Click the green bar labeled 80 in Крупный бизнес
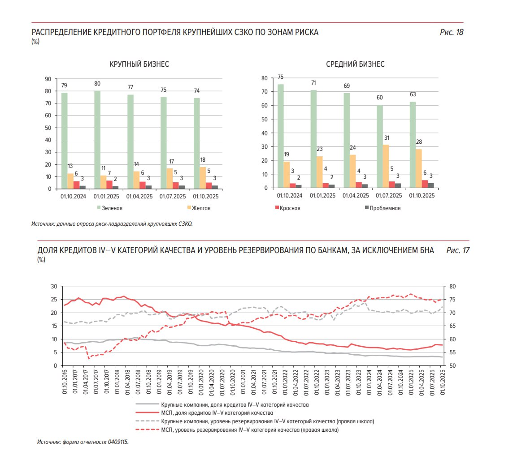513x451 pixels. coord(97,140)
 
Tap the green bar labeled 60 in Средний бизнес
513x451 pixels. coord(379,147)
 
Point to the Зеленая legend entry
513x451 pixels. coord(110,208)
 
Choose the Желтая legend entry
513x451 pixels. coord(199,208)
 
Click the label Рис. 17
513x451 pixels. coord(457,250)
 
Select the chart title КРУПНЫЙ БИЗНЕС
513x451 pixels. coord(139,64)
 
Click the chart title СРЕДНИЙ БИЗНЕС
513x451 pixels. coord(355,64)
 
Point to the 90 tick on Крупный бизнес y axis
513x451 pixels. coord(48,79)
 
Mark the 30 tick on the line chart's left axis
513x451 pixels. coord(54,286)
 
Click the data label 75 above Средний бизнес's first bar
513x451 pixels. coord(281,77)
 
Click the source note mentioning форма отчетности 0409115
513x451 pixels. coord(83,442)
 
